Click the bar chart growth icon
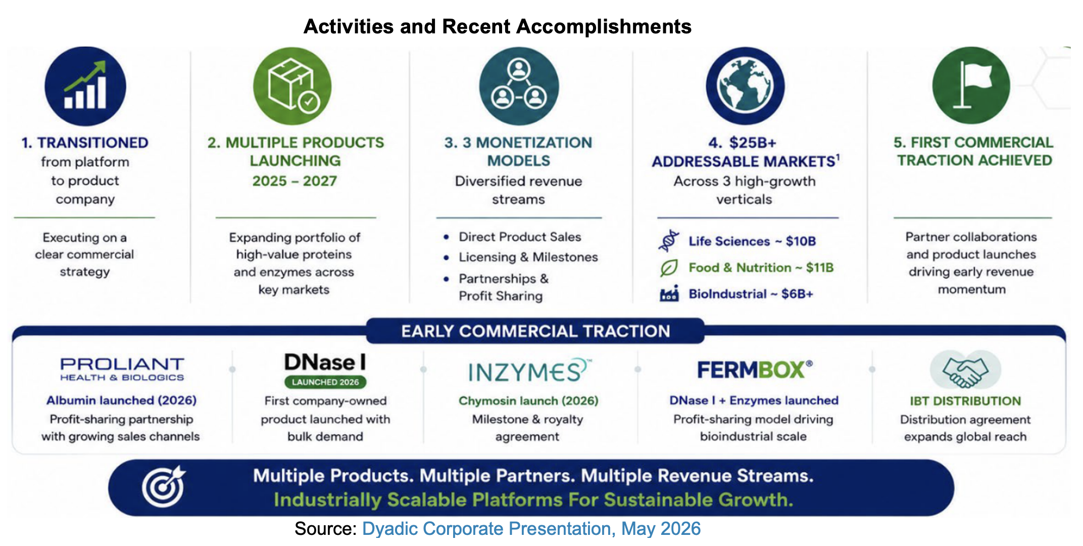coord(85,86)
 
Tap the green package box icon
coord(292,86)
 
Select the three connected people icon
coord(519,86)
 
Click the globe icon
coord(745,86)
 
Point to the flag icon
coord(971,85)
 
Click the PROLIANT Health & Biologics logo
coord(122,369)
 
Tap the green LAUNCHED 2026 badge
coord(325,382)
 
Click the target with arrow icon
coord(164,487)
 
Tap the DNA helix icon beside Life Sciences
coord(669,241)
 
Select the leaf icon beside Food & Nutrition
coord(669,267)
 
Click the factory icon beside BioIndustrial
coord(669,294)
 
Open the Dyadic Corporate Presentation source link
coord(531,529)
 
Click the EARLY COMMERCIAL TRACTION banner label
coord(535,331)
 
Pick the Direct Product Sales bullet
coord(520,237)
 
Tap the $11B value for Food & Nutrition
coord(819,267)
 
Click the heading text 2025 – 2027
coord(294,181)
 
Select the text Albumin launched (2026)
coord(122,400)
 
